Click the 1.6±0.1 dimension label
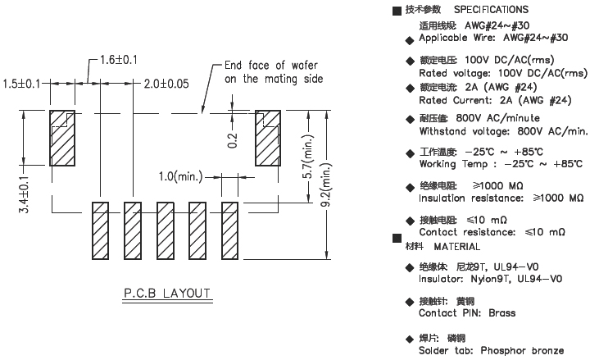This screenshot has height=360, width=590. pos(119,60)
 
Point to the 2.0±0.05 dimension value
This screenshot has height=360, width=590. pos(167,84)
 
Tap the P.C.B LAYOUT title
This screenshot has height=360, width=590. pos(167,293)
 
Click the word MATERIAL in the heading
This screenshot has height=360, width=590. pos(456,246)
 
